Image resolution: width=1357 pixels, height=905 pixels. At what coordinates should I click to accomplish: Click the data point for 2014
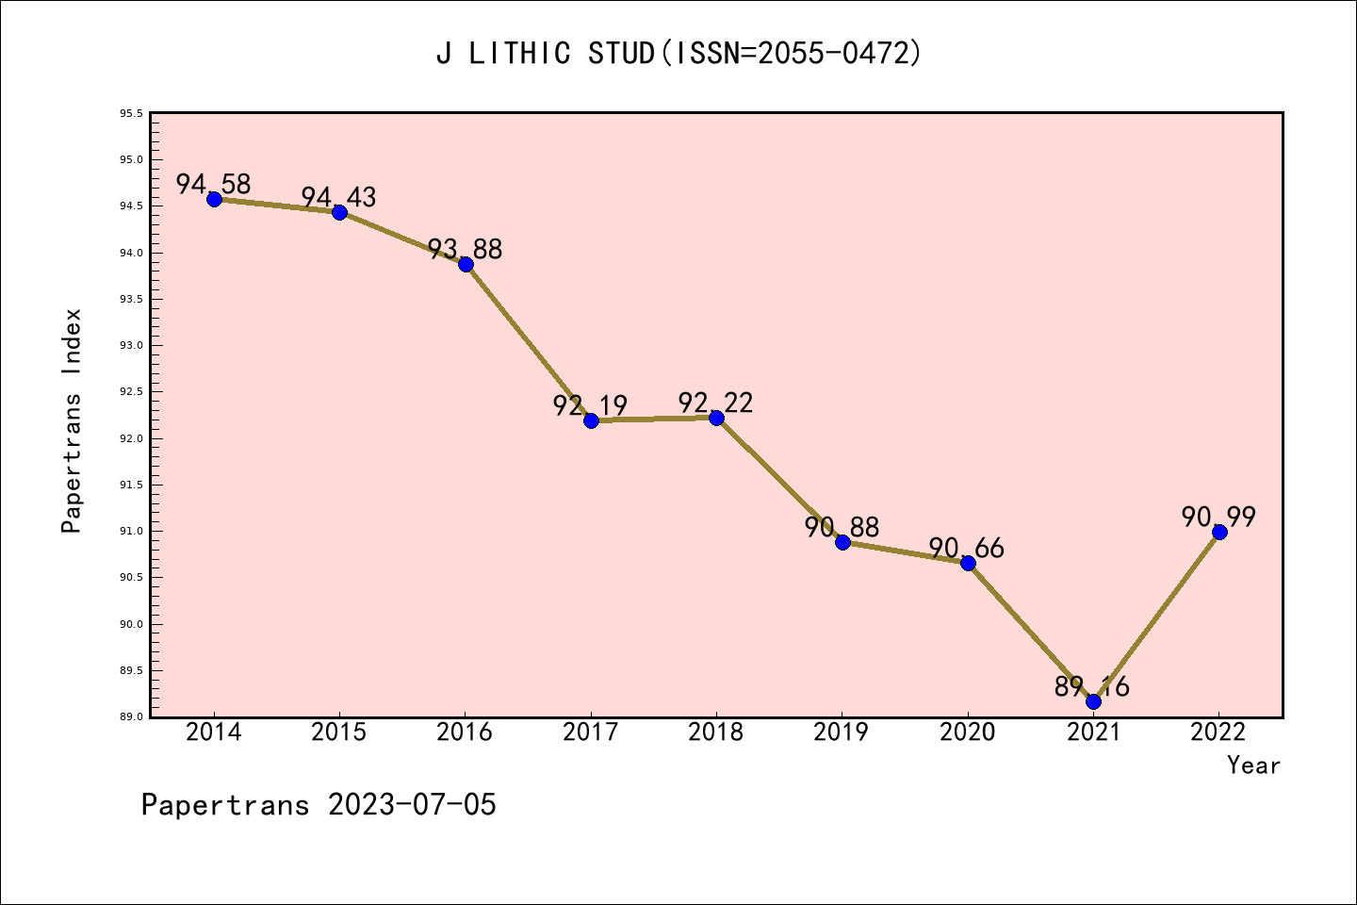pos(214,199)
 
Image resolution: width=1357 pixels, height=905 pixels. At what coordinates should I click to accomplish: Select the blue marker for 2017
pos(591,420)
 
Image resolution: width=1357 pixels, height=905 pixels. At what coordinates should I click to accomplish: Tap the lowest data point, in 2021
pos(1093,701)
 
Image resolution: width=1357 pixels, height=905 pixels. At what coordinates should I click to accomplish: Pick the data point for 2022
pos(1219,532)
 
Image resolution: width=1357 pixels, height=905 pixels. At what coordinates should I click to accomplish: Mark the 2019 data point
pos(842,542)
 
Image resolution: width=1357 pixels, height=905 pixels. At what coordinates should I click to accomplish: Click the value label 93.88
pos(465,250)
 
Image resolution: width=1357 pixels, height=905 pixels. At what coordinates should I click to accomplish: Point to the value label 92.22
pos(716,403)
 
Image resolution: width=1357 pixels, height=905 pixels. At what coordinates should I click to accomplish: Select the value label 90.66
pos(967,549)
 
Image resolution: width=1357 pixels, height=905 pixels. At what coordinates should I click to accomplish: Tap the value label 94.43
pos(339,198)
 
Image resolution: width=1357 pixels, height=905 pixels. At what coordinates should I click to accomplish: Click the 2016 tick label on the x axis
pos(465,732)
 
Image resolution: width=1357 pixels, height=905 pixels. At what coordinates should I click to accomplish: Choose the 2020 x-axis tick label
pos(968,732)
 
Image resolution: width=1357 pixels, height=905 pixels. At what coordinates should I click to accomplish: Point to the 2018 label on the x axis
pos(716,732)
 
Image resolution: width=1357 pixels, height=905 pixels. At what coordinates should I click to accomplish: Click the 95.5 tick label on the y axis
pos(131,114)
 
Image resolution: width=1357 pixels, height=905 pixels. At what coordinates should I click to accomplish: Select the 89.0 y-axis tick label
pos(131,717)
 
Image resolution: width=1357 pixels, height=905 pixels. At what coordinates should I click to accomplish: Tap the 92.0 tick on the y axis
pos(131,439)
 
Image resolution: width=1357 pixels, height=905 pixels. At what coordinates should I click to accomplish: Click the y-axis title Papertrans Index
pos(72,420)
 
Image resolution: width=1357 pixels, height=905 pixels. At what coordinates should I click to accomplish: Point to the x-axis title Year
pos(1253,765)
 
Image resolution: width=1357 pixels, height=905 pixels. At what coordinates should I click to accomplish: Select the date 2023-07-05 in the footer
pos(412,805)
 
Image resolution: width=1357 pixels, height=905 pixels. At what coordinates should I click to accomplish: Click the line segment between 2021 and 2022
pos(1156,617)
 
